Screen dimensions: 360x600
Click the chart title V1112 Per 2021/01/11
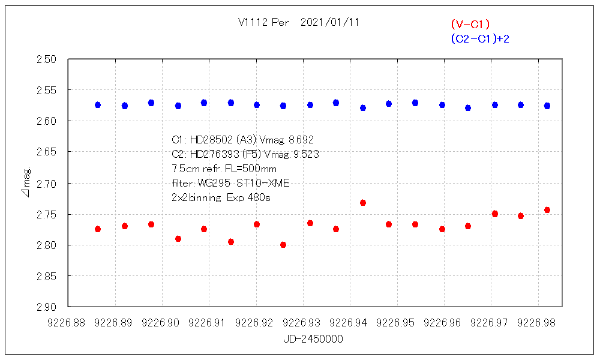[x=299, y=22]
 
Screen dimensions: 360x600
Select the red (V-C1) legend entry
[x=470, y=24]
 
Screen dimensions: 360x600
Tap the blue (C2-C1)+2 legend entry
[x=480, y=39]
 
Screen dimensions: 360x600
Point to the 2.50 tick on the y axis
[x=47, y=59]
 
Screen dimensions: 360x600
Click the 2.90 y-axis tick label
[x=47, y=307]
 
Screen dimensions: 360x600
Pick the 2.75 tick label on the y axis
[x=47, y=214]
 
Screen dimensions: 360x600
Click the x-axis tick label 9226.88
[x=69, y=323]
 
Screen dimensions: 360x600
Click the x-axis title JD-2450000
[x=313, y=339]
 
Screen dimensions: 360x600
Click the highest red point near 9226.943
[x=363, y=203]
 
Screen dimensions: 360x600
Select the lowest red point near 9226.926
[x=283, y=245]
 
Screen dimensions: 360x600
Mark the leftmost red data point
[x=98, y=229]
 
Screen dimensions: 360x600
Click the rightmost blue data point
[x=547, y=106]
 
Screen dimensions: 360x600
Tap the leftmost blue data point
[x=98, y=105]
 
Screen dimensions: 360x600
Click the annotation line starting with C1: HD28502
[x=243, y=140]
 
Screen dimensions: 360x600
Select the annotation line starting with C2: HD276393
[x=245, y=154]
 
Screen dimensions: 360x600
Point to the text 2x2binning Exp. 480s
[x=221, y=197]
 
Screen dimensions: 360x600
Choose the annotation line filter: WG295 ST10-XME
[x=231, y=183]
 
